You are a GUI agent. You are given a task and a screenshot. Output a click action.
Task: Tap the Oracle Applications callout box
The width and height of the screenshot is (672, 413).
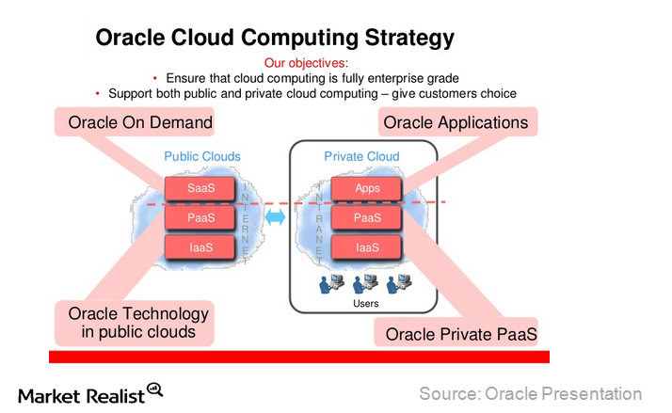point(456,122)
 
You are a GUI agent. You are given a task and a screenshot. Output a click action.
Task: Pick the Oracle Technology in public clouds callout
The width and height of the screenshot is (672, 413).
point(132,322)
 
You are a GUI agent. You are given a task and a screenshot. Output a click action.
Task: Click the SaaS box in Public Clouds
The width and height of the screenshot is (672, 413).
point(200,188)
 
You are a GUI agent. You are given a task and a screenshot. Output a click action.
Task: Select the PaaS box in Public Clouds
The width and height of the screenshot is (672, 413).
point(200,217)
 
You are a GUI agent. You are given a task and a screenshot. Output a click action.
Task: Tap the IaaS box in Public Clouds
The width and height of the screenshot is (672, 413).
point(200,247)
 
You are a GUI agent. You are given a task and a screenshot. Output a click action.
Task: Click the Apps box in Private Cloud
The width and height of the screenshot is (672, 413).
point(367,188)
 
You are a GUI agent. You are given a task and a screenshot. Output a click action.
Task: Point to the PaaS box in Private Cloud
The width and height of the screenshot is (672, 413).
point(367,217)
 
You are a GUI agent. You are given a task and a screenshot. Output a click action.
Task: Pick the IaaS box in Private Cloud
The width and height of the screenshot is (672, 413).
point(367,247)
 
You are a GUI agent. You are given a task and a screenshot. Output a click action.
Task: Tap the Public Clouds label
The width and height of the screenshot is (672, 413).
point(202,156)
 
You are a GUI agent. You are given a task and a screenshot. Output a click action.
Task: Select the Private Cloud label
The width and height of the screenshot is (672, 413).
point(361,156)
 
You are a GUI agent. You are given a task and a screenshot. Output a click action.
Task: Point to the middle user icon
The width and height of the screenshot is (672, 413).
point(366,283)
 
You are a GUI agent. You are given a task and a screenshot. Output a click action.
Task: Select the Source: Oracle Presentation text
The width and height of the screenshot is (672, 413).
point(530,393)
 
